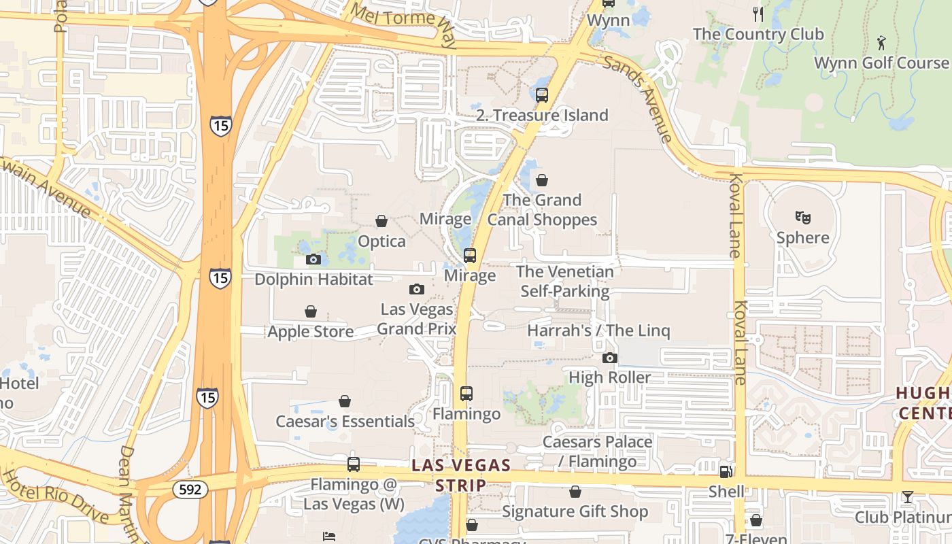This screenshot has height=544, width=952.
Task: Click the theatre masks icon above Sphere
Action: [802, 218]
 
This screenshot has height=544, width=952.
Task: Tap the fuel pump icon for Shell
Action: [726, 471]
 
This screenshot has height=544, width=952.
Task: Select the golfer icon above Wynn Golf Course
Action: [881, 42]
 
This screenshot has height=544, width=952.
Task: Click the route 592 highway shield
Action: [190, 489]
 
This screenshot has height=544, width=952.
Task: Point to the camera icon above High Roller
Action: [609, 358]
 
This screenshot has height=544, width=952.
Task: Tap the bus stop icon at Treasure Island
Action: [541, 95]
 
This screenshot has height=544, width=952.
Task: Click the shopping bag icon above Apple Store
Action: [310, 311]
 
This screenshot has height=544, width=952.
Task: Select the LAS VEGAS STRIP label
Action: [462, 475]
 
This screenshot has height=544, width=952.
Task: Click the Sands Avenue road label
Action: [638, 99]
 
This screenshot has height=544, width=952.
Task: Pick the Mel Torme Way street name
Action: [403, 25]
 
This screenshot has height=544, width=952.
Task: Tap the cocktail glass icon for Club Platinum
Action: [907, 497]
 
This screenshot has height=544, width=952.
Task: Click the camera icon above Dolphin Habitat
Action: [313, 259]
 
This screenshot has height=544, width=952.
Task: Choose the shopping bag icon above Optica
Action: [381, 221]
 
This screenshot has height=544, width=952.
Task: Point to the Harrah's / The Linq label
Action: [598, 331]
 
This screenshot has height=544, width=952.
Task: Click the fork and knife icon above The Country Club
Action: [758, 14]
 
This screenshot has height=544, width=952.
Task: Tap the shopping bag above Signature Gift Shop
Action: [575, 491]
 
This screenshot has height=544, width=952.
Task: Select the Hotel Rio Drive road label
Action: [54, 496]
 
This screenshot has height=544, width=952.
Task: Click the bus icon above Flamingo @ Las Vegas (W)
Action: [353, 464]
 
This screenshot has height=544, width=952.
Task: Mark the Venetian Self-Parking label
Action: [564, 282]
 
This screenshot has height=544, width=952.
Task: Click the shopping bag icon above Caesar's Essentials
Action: [345, 401]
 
